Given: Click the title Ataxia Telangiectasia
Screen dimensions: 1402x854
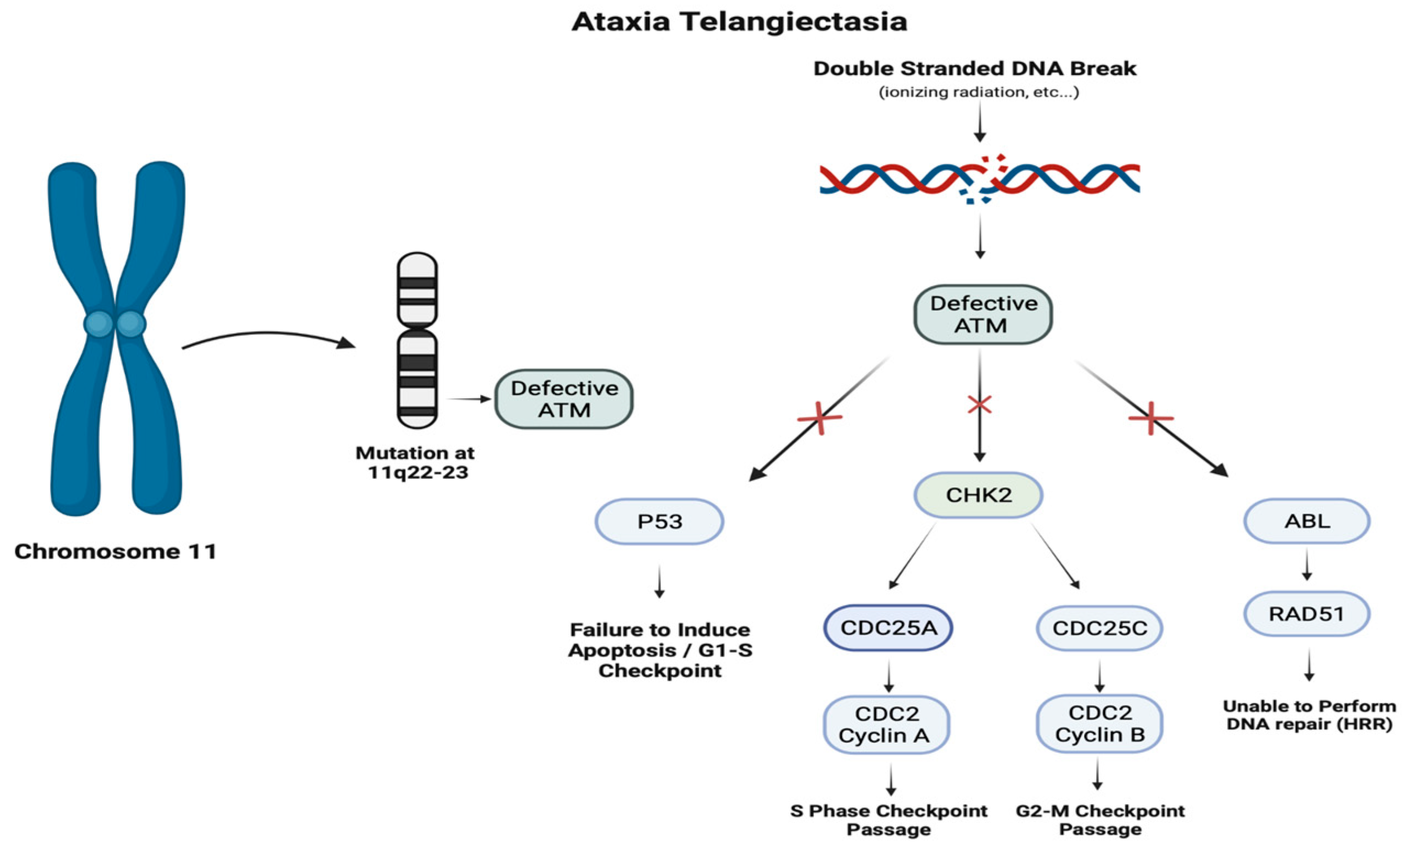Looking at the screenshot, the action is [x=739, y=21].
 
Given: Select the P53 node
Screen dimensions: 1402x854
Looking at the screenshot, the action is [x=659, y=521].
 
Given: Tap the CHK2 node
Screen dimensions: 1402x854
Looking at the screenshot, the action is [x=978, y=495].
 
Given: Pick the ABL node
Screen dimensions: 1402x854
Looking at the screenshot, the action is [x=1307, y=521].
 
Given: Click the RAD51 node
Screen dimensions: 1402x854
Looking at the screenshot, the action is [x=1307, y=613].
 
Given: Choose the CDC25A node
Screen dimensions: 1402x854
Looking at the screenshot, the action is [x=888, y=627].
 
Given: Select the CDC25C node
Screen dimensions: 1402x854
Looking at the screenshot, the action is [x=1099, y=628].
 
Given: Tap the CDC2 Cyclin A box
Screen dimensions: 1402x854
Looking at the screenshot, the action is [x=887, y=724].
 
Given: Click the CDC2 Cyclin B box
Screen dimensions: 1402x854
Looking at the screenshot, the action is [x=1099, y=723].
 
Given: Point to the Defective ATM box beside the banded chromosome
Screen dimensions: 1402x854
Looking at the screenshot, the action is [x=564, y=399].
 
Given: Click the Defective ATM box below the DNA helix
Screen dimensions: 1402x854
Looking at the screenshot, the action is [x=983, y=314].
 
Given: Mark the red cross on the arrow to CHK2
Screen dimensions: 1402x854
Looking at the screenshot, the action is [x=979, y=405].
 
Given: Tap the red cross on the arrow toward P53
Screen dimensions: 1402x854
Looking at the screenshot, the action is [x=820, y=418].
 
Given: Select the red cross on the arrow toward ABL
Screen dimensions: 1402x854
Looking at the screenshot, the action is [x=1151, y=418].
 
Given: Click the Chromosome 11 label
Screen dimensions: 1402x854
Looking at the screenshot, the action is [x=116, y=552].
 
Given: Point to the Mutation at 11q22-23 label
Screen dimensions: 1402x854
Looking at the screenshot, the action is [x=415, y=462].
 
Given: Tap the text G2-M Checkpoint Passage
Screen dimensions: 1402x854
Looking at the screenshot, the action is [x=1100, y=820].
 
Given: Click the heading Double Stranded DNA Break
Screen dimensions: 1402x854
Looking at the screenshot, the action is [x=975, y=68].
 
